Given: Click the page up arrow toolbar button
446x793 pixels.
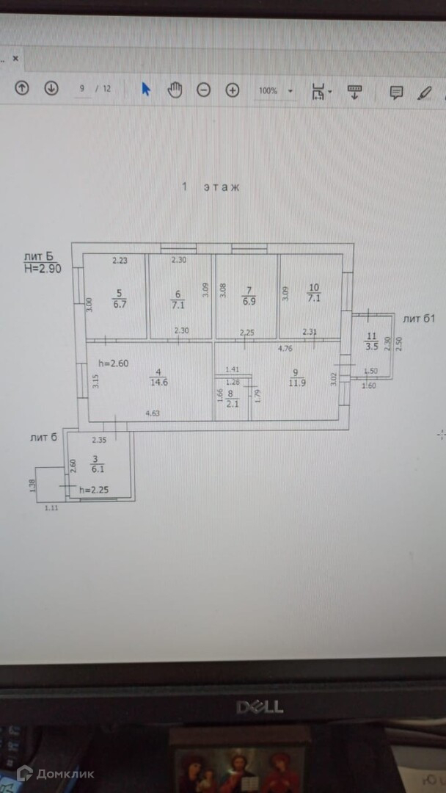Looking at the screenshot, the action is tap(22, 89).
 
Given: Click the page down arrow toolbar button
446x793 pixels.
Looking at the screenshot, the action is tap(51, 89).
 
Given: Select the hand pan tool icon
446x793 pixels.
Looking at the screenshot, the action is tap(175, 90).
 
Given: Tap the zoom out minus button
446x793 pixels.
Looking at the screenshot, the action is tap(203, 90).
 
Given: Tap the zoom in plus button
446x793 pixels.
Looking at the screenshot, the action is tap(233, 90).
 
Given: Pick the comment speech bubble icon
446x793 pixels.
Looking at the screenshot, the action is tap(396, 92).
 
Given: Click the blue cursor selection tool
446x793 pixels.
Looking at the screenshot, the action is tap(146, 89).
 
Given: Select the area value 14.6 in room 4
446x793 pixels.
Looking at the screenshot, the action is tap(157, 382).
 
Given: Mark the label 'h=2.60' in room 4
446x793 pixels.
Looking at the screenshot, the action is tap(114, 362).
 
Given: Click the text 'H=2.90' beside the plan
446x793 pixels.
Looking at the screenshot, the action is tap(43, 269).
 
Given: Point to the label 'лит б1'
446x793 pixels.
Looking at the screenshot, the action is tap(419, 318).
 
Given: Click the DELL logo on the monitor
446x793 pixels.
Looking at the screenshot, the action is tap(259, 706).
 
